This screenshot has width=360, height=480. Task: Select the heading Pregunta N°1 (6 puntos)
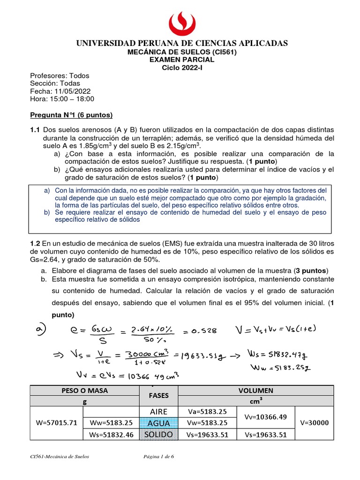[x=71, y=115]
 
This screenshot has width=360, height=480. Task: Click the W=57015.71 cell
[x=56, y=423]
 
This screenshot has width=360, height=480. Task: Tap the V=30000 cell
[x=315, y=423]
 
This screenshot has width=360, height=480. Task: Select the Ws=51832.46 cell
[x=111, y=435]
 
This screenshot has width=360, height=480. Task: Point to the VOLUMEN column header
[x=255, y=390]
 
